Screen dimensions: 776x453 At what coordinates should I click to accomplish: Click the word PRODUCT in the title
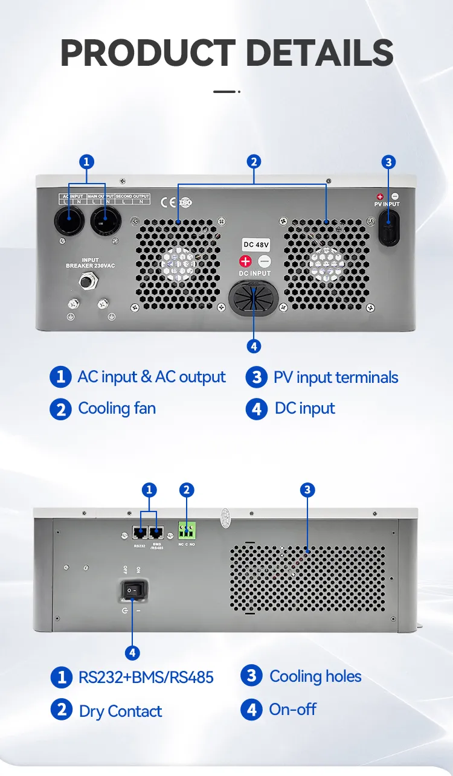pyautogui.click(x=147, y=53)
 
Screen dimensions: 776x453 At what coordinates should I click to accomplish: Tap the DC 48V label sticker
pyautogui.click(x=257, y=245)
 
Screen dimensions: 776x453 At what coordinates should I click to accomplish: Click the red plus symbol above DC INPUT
pyautogui.click(x=245, y=261)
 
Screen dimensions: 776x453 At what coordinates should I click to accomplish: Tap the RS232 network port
pyautogui.click(x=140, y=533)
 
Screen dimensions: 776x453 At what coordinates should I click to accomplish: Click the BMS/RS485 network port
pyautogui.click(x=157, y=533)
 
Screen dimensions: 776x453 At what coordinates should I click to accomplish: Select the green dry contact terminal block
pyautogui.click(x=187, y=531)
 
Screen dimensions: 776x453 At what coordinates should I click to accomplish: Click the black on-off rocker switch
pyautogui.click(x=135, y=589)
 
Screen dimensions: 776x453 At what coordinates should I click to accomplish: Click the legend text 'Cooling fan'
pyautogui.click(x=117, y=409)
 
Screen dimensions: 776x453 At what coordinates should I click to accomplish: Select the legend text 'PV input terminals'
pyautogui.click(x=336, y=378)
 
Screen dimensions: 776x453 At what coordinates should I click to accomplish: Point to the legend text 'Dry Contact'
pyautogui.click(x=120, y=711)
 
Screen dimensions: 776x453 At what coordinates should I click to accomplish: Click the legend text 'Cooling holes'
pyautogui.click(x=315, y=676)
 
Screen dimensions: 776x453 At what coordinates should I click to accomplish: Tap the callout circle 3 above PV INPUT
pyautogui.click(x=389, y=162)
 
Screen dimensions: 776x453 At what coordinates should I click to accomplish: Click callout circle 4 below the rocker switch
pyautogui.click(x=132, y=652)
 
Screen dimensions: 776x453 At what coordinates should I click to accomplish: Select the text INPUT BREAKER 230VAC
pyautogui.click(x=90, y=263)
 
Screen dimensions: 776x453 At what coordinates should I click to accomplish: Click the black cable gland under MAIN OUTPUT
pyautogui.click(x=106, y=221)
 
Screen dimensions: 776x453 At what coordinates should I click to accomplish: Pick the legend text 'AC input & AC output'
pyautogui.click(x=152, y=377)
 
